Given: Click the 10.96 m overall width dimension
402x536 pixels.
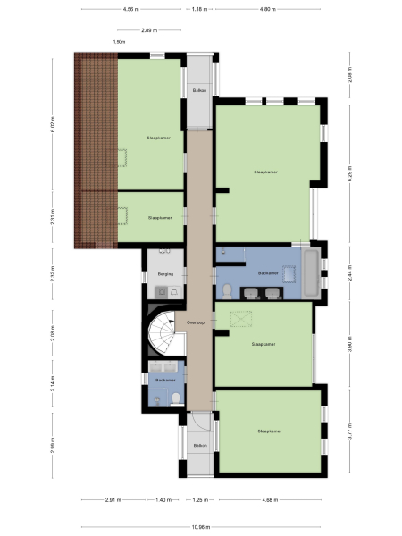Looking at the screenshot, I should coord(200,526).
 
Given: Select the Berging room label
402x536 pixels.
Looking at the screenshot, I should coord(164,275).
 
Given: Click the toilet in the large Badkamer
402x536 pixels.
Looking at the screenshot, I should coord(229,291).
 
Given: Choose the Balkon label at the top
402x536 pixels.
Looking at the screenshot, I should coord(199,91).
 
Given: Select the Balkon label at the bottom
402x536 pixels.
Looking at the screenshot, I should coord(199,445).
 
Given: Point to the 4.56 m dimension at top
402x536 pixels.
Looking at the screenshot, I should coord(131,9).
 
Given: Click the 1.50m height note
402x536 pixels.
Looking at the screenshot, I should coord(120,42).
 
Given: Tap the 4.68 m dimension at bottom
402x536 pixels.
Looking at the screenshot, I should coord(268,500).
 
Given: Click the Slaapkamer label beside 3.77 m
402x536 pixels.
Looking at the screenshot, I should coord(269,431).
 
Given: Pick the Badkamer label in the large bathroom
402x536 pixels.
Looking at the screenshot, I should coord(266,272).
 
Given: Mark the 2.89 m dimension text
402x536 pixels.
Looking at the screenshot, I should coord(151,29).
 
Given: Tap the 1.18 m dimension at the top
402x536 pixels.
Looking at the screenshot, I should coord(199,9).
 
